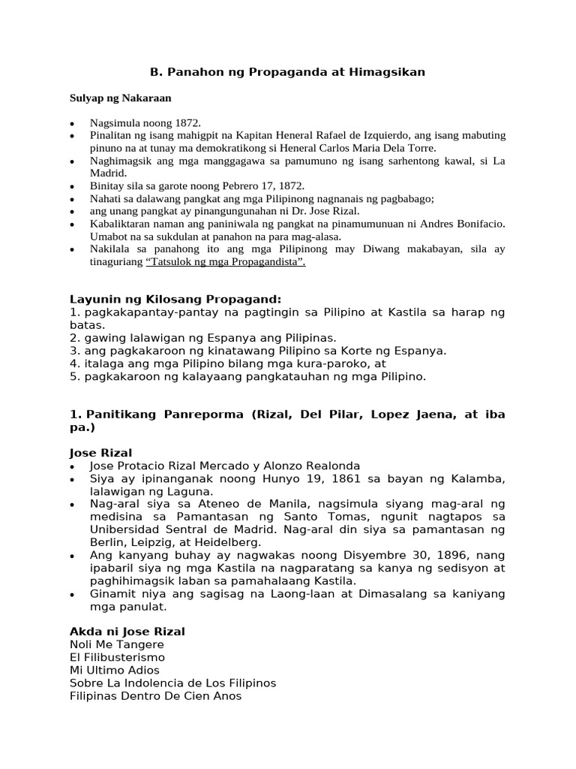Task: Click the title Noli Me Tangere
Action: pos(116,644)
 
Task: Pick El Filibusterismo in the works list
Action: pos(117,657)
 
